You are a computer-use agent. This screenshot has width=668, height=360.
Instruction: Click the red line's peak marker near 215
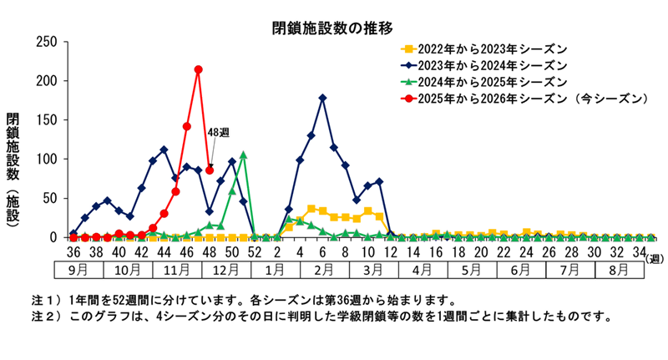[198, 69]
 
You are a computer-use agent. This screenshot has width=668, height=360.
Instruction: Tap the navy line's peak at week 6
[322, 98]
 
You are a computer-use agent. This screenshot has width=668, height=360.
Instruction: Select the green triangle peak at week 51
[243, 155]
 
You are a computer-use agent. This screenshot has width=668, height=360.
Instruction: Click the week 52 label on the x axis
[255, 251]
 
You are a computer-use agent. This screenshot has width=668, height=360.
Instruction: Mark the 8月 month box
[620, 271]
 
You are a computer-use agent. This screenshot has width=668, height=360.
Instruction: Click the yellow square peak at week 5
[311, 209]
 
